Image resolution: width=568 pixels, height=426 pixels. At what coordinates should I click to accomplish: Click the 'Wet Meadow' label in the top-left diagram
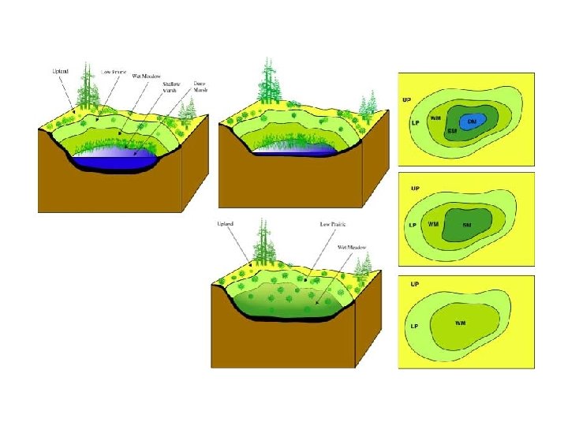[x=145, y=76]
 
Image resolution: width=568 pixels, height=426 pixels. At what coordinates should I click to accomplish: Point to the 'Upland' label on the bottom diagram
[x=226, y=225]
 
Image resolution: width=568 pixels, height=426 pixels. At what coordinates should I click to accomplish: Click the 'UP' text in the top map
[x=407, y=100]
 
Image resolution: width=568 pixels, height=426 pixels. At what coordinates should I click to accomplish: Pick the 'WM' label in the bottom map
[x=460, y=323]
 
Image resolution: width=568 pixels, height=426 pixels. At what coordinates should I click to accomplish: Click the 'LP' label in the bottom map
[x=413, y=325]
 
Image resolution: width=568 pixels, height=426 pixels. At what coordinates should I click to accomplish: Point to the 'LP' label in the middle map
[x=412, y=225]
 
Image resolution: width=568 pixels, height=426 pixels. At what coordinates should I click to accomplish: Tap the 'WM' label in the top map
[x=435, y=118]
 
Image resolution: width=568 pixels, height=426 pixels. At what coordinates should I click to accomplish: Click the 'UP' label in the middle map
[x=414, y=189]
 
